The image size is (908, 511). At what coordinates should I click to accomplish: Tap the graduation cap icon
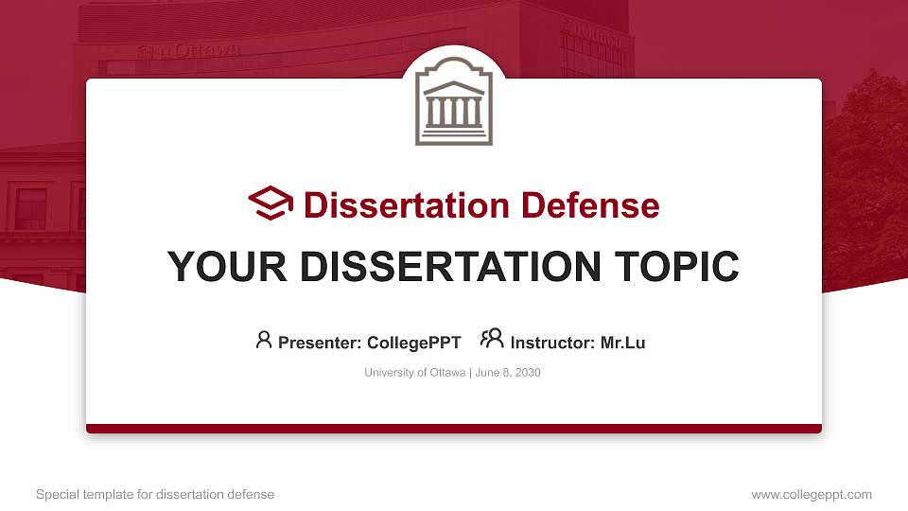click(x=271, y=203)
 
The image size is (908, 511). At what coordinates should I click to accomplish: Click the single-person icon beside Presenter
click(x=264, y=339)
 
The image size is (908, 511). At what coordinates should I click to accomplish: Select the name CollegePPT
click(x=413, y=343)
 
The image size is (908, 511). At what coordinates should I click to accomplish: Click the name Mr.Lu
click(x=622, y=343)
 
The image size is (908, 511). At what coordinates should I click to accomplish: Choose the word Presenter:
click(x=320, y=343)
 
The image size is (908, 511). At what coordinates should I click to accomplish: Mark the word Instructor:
click(x=553, y=343)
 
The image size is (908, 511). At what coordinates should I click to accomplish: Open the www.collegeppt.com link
click(x=812, y=494)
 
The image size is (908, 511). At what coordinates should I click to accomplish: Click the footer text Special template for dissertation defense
click(x=155, y=494)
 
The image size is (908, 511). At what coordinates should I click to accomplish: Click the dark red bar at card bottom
click(x=454, y=429)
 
